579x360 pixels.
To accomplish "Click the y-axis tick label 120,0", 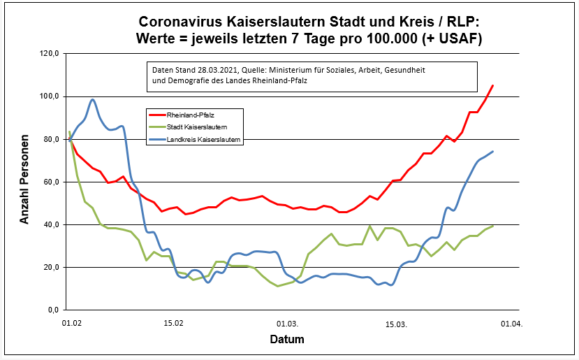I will (x=50, y=53).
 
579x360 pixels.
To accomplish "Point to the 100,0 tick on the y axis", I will (x=50, y=96).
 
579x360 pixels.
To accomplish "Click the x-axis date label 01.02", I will (x=71, y=324).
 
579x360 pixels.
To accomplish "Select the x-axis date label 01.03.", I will (x=288, y=324).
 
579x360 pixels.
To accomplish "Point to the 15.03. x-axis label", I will (x=397, y=324).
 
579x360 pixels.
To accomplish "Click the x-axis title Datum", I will (x=287, y=340).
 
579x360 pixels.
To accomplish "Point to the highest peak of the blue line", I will (x=92, y=99).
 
